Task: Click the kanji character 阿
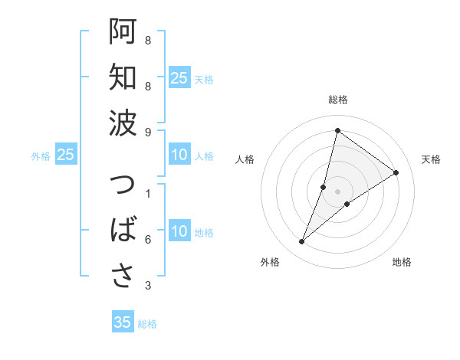123,32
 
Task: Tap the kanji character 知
123,77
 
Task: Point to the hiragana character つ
123,186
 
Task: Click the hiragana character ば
123,231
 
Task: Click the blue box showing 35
123,322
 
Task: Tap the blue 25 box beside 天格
179,77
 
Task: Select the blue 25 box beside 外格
65,155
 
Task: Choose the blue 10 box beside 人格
179,155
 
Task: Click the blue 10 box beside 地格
179,231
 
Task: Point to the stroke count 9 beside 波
148,133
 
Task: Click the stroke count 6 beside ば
148,240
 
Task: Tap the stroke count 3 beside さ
148,286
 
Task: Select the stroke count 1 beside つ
148,194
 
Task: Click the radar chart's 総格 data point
337,130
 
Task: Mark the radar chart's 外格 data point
302,242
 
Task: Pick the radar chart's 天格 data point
396,172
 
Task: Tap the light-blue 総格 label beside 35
147,324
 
